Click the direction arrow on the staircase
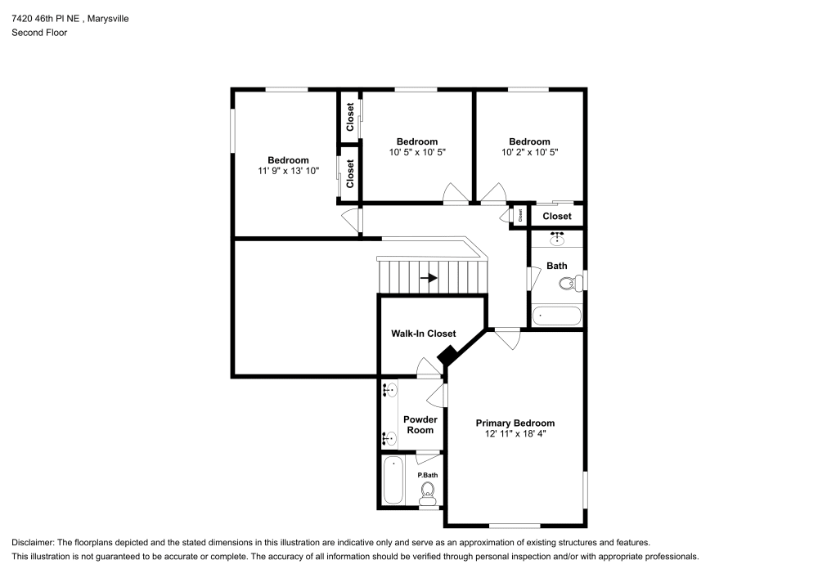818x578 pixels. tap(429, 278)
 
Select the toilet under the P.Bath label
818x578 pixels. tap(427, 491)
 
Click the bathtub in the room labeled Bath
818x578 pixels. tap(556, 316)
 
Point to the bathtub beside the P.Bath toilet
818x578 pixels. tap(393, 481)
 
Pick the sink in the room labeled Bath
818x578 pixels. tap(558, 239)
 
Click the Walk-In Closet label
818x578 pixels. tap(423, 334)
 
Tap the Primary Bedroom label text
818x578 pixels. tap(515, 423)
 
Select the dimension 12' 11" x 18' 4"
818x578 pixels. tap(515, 434)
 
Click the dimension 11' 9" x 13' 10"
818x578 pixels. tap(288, 171)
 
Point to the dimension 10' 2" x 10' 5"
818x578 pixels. tap(529, 152)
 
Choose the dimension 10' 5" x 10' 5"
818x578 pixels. tap(417, 152)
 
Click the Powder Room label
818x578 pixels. tap(420, 424)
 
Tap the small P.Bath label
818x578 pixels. tap(426, 475)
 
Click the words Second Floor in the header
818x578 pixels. tap(39, 33)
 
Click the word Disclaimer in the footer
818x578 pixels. tap(33, 542)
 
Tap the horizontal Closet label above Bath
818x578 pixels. tap(557, 216)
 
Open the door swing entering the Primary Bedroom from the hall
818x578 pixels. tap(507, 338)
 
